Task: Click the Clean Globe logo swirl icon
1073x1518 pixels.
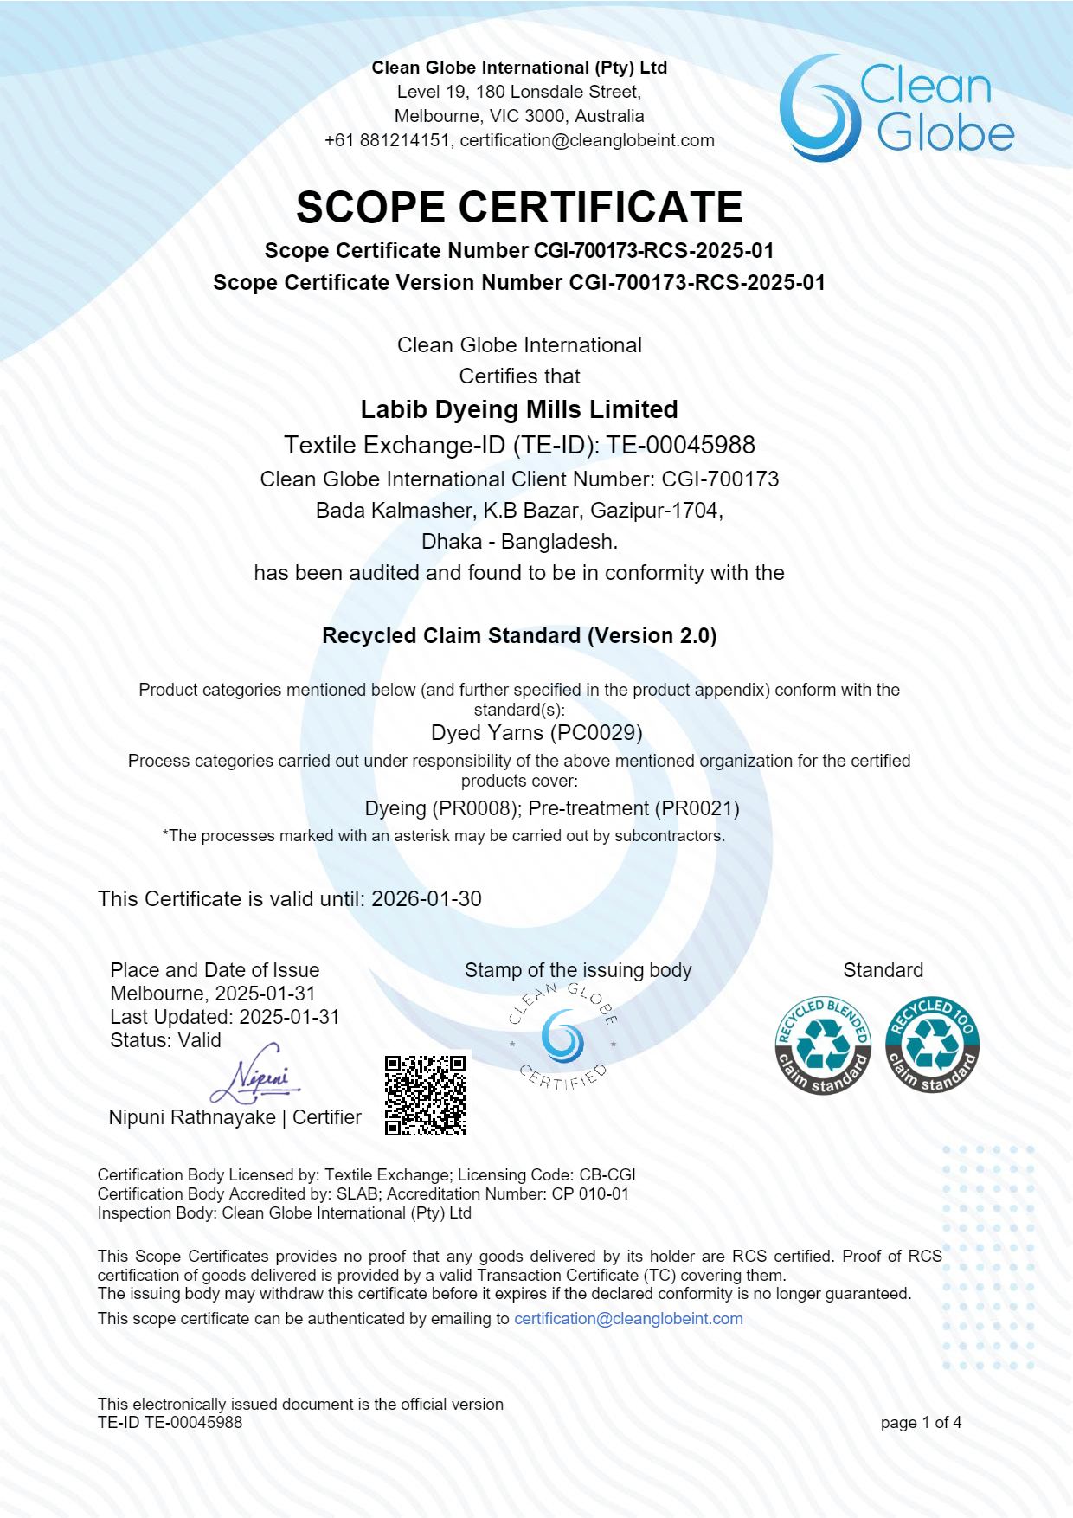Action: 818,109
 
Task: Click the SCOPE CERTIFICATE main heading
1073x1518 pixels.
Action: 519,208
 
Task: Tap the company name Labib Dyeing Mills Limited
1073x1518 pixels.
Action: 519,409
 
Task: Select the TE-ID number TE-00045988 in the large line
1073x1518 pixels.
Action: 680,445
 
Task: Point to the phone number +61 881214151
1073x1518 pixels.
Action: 387,140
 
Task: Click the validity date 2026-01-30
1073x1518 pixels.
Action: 427,898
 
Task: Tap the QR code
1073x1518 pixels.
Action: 426,1095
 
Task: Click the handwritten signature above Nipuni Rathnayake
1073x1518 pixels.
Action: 256,1076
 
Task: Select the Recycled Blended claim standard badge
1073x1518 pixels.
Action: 823,1045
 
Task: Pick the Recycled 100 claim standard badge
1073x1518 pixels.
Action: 932,1045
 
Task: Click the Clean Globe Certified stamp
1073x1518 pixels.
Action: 562,1037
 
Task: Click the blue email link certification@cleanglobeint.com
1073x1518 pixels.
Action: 628,1318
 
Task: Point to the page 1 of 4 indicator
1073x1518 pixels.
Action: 921,1422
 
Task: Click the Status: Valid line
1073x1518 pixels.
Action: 165,1040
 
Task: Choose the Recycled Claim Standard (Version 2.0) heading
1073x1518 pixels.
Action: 519,635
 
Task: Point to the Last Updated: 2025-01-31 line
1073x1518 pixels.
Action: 225,1017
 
